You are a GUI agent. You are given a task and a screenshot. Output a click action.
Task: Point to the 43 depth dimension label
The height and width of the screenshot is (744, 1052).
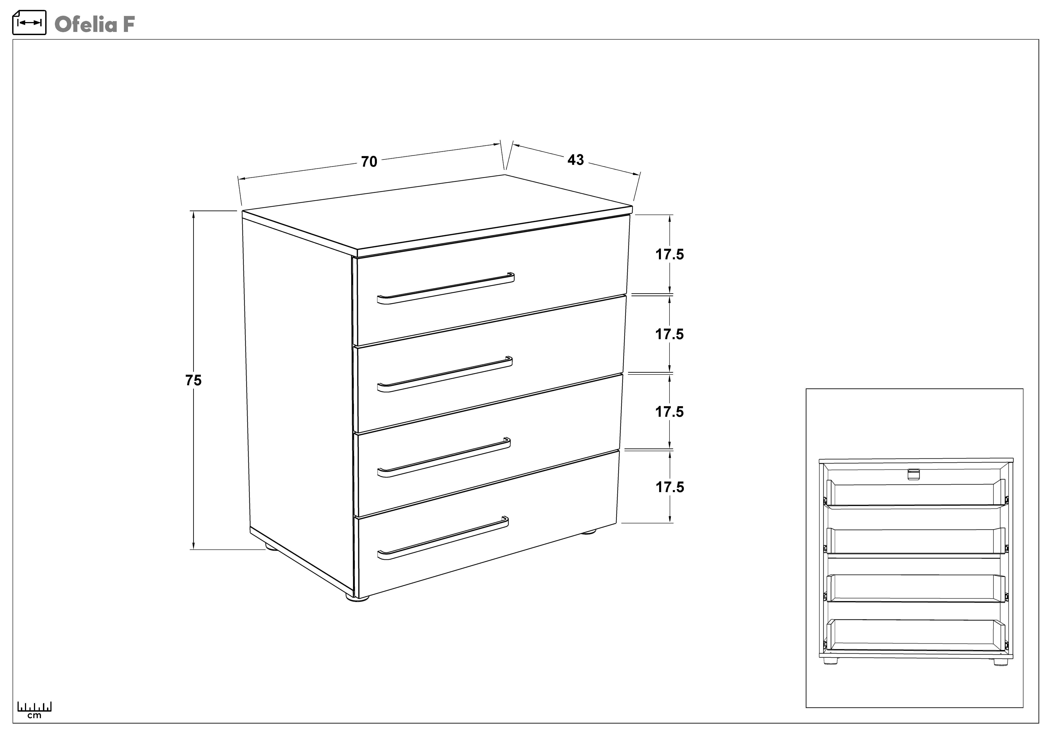(x=575, y=160)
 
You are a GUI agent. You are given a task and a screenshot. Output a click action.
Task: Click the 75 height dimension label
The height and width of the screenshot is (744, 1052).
(x=193, y=380)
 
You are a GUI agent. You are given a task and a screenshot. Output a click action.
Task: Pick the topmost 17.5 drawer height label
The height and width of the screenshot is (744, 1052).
(x=669, y=254)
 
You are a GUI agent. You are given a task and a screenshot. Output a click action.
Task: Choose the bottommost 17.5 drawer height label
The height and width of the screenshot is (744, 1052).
(x=669, y=487)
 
